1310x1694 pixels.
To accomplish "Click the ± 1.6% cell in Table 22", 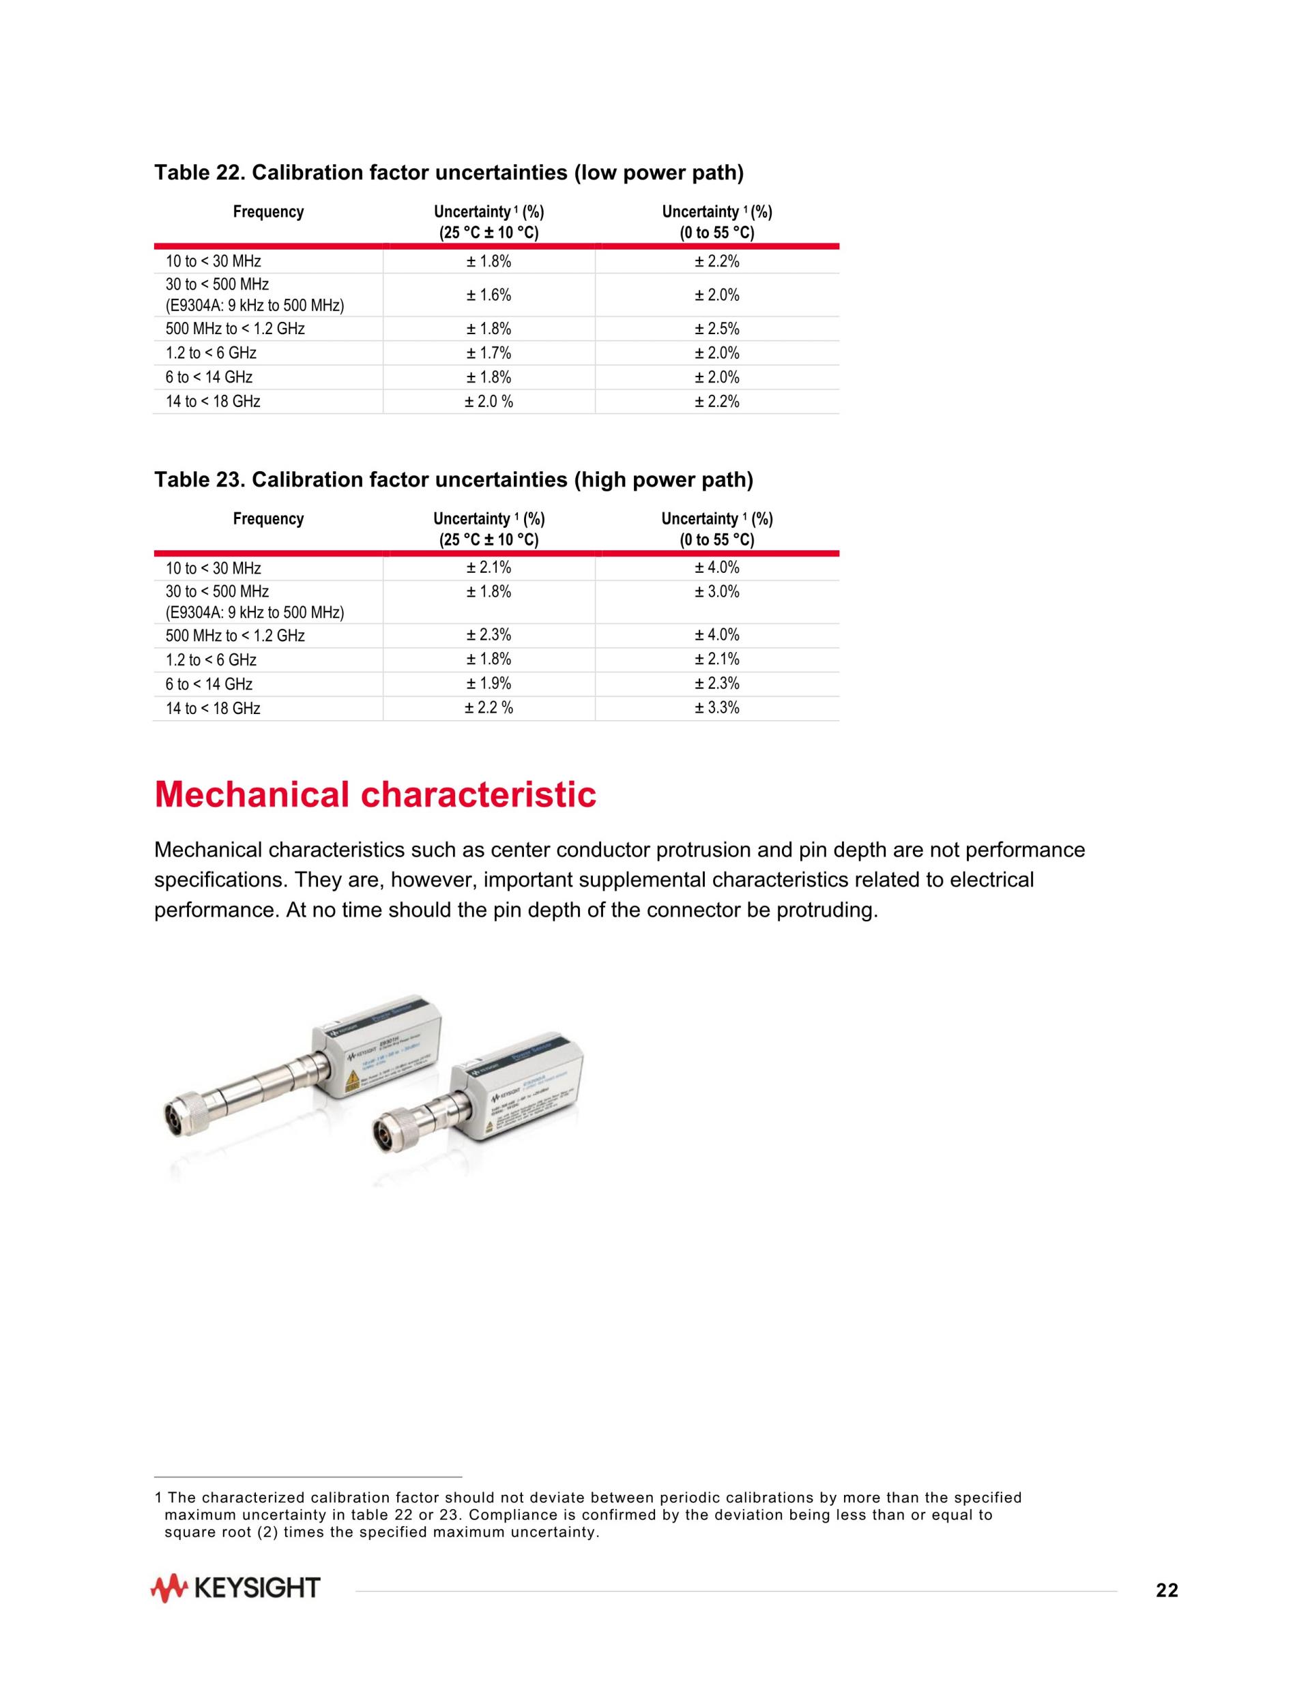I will (488, 295).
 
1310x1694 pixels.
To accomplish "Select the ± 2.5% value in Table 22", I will (716, 329).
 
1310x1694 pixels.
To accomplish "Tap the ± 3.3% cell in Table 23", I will (716, 707).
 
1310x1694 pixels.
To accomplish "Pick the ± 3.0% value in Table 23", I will (716, 592).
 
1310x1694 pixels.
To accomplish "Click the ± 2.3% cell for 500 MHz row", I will (488, 636).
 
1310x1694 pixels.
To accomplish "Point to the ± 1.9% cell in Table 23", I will (488, 683).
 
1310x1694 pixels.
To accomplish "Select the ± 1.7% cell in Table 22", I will (488, 353).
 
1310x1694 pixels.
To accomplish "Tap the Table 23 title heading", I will (453, 479).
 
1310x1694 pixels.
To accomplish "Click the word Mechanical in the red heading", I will (252, 795).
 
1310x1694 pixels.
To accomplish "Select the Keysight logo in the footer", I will (235, 1588).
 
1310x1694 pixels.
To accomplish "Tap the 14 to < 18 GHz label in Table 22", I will (213, 402).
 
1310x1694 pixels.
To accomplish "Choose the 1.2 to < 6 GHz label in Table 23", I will (210, 660).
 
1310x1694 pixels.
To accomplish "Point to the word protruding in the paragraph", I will (826, 910).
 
